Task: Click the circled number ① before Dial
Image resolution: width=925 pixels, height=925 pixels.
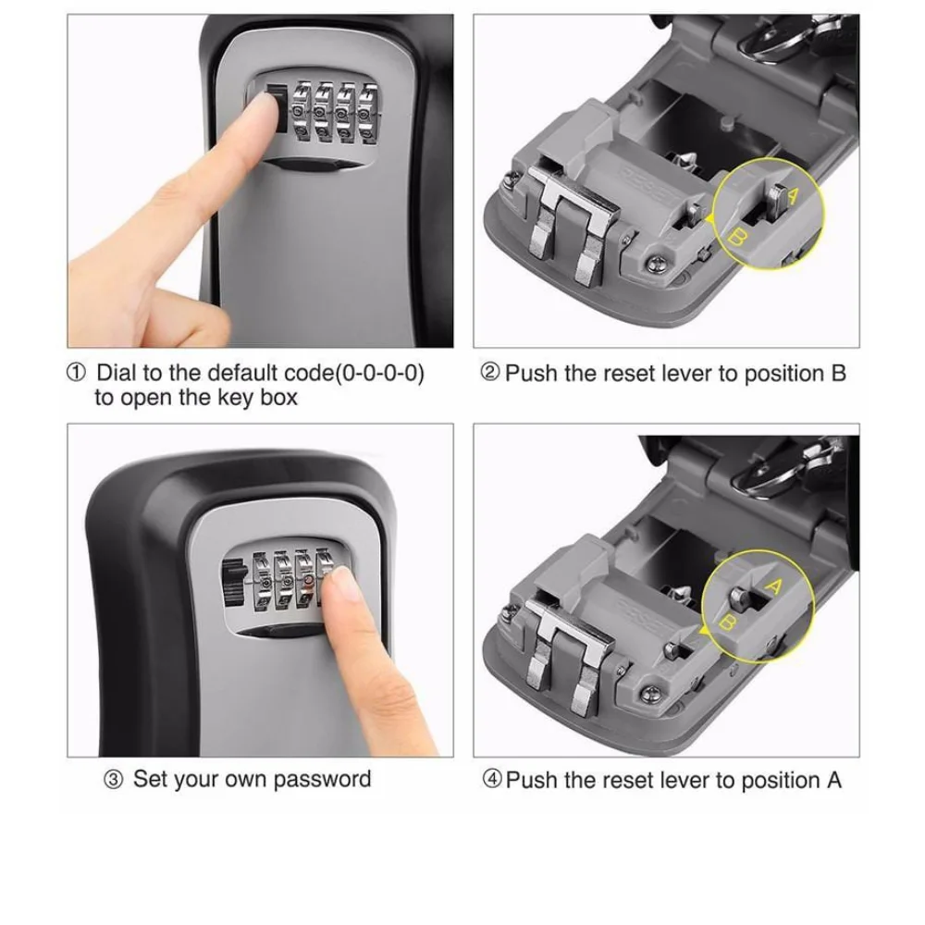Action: [77, 374]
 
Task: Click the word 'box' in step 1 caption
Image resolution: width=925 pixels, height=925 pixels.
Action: [279, 398]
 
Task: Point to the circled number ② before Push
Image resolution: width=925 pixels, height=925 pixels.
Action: [491, 374]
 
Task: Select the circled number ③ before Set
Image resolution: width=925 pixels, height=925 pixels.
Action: [112, 779]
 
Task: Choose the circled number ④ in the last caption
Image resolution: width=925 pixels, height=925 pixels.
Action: [492, 780]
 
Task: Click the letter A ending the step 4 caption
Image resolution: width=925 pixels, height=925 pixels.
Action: [833, 780]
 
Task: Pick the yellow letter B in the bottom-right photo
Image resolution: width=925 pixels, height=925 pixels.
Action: [728, 623]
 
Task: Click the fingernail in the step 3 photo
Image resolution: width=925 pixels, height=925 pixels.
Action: [345, 582]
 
